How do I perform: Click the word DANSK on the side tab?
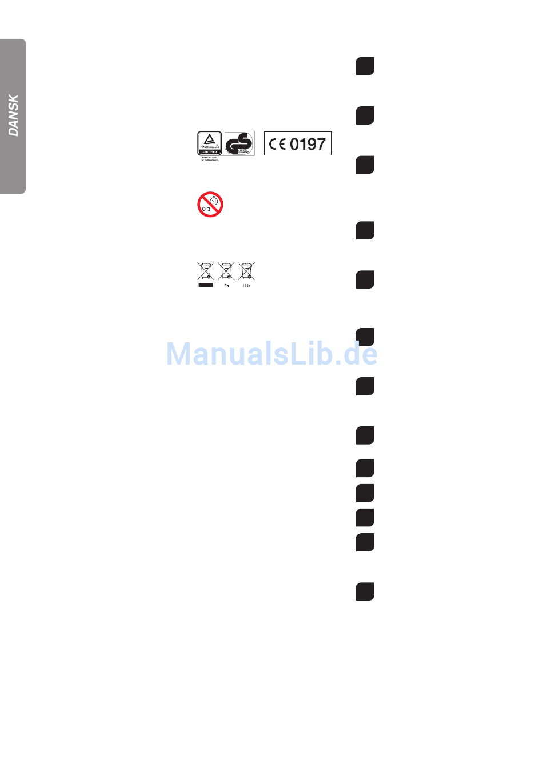(x=13, y=115)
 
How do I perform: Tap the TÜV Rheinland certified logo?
(x=209, y=143)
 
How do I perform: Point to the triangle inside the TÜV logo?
(x=210, y=138)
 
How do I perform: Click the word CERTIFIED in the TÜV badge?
(x=210, y=152)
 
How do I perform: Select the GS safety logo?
(x=239, y=143)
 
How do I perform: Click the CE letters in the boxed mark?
(x=278, y=144)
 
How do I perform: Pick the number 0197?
(x=308, y=144)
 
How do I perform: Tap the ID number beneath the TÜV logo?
(x=210, y=160)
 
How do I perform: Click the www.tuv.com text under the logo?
(x=209, y=157)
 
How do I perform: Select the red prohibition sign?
(x=210, y=204)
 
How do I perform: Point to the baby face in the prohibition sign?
(x=214, y=201)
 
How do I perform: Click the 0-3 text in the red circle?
(x=206, y=209)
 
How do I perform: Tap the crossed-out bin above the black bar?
(x=206, y=271)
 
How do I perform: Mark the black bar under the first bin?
(x=206, y=285)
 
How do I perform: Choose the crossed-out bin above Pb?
(x=226, y=271)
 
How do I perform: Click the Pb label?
(x=226, y=286)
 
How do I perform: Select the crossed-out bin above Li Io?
(x=246, y=271)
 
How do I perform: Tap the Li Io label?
(x=246, y=286)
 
